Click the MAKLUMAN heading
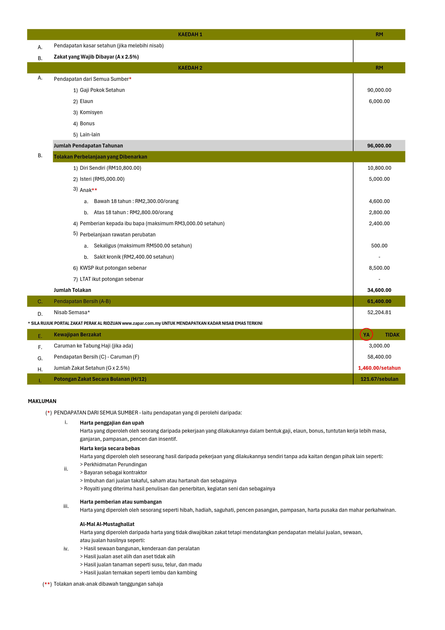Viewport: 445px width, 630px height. [x=42, y=401]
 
